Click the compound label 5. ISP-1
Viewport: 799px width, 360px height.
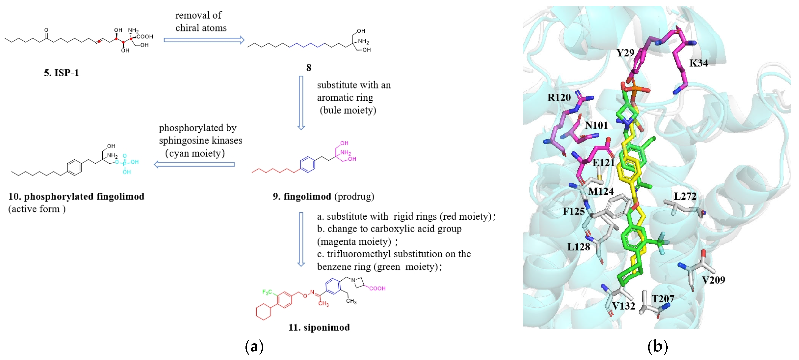(61, 73)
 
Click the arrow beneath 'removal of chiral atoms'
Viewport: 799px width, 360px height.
(204, 40)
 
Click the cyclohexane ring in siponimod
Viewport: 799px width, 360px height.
(264, 312)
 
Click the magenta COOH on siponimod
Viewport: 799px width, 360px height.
(377, 288)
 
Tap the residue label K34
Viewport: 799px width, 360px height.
(699, 63)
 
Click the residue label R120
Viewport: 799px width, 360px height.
(559, 97)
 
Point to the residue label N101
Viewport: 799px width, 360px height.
(596, 125)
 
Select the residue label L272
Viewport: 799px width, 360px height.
(685, 196)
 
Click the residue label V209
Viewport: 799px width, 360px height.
(713, 280)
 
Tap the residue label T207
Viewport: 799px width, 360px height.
(663, 299)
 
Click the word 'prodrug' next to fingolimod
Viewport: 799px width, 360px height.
(354, 197)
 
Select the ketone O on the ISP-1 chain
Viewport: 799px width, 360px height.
(46, 30)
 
